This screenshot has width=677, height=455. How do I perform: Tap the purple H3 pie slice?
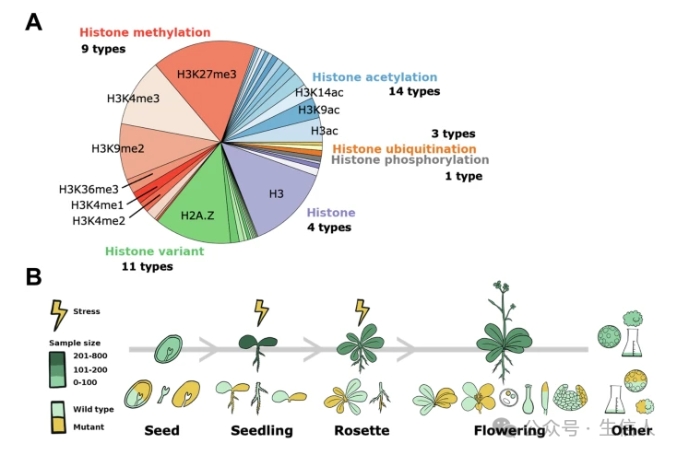[x=272, y=190]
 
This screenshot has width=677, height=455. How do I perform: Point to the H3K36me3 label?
[x=89, y=190]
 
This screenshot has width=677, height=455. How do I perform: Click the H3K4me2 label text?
[x=99, y=221]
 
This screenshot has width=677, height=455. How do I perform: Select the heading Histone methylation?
[x=145, y=32]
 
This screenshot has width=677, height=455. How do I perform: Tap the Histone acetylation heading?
[x=374, y=77]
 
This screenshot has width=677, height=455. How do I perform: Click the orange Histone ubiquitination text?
[x=404, y=149]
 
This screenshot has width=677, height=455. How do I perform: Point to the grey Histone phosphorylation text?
[x=410, y=160]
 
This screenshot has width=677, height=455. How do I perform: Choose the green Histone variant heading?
[x=155, y=251]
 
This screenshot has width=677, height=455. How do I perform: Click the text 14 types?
[x=414, y=91]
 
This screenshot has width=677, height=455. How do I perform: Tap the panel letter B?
[x=34, y=276]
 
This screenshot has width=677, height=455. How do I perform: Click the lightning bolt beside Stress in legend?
[x=59, y=315]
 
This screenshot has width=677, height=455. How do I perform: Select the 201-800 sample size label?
[x=90, y=356]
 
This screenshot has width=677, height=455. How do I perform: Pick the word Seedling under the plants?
[x=262, y=430]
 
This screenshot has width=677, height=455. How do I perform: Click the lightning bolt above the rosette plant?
[x=362, y=312]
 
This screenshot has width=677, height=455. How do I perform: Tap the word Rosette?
[x=362, y=430]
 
